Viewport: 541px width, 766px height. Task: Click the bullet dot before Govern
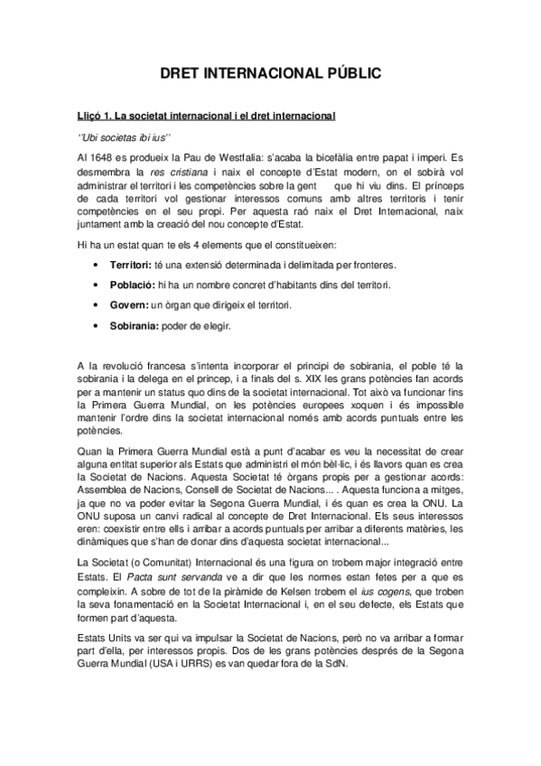[97, 307]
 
